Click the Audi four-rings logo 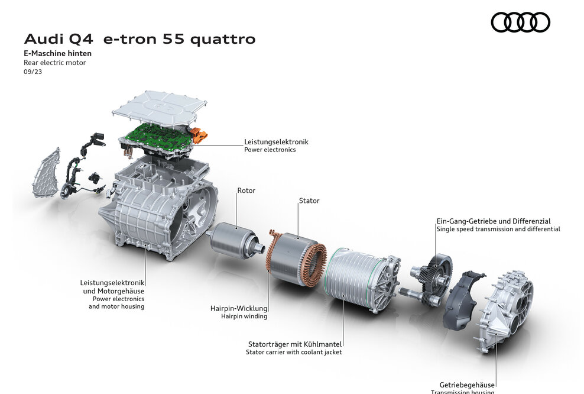[520, 22]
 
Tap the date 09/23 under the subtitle [33, 72]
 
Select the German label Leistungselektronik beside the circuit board [276, 142]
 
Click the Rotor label [246, 190]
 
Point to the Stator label [309, 201]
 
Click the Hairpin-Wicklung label [239, 308]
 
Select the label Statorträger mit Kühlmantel [295, 344]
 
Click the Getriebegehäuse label [467, 385]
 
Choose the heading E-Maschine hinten [57, 53]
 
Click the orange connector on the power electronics [200, 135]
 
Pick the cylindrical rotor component [232, 240]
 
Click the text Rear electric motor [54, 63]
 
